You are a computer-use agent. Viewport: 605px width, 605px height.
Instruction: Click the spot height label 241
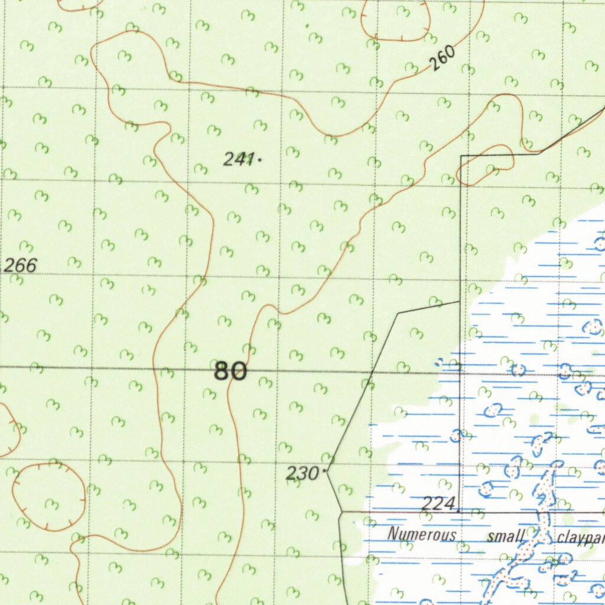[x=239, y=158]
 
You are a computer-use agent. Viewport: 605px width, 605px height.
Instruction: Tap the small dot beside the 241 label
[x=259, y=159]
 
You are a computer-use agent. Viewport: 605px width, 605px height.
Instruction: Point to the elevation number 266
[x=19, y=266]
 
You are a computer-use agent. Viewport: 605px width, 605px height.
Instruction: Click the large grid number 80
[x=230, y=372]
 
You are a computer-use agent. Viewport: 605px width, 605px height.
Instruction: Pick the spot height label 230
[x=302, y=473]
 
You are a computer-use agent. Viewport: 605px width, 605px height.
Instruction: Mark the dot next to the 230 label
[x=326, y=471]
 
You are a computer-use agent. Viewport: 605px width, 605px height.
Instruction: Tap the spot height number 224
[x=438, y=503]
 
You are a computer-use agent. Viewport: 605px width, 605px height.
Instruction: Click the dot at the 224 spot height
[x=458, y=508]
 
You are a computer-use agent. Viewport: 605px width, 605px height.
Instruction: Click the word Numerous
[x=422, y=535]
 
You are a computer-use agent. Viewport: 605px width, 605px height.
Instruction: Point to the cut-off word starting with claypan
[x=580, y=539]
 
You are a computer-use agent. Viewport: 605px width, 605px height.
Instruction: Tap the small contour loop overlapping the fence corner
[x=486, y=165]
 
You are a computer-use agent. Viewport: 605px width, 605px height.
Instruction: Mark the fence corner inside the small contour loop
[x=461, y=156]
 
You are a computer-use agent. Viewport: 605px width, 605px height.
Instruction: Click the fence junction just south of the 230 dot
[x=341, y=512]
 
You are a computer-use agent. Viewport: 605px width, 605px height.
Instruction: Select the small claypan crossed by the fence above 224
[x=456, y=436]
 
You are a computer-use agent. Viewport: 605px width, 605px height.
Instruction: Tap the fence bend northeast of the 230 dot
[x=399, y=313]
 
